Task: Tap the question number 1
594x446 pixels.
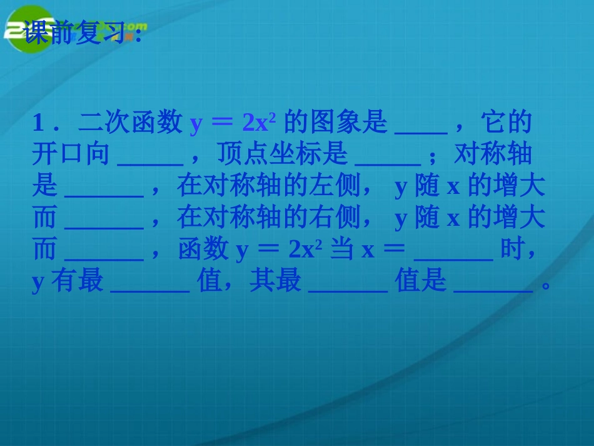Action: point(38,123)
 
